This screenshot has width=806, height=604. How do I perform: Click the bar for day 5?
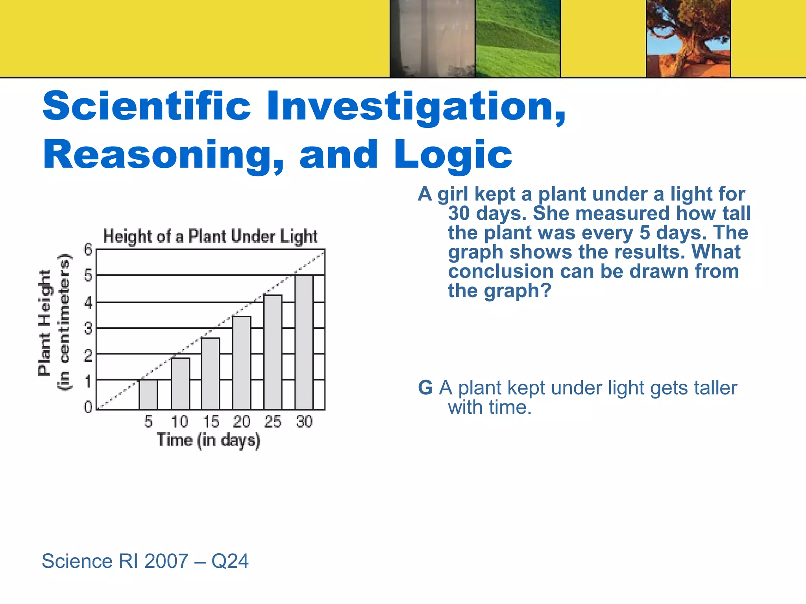(148, 394)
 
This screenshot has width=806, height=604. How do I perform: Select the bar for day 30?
(304, 342)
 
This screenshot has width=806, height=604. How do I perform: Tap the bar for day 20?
(242, 363)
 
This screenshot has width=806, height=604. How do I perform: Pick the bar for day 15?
(211, 374)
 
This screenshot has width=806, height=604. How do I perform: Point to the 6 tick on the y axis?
(88, 249)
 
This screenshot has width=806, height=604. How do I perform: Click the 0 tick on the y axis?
(88, 407)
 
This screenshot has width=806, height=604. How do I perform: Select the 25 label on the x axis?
(273, 422)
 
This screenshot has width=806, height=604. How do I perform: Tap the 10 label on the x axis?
(179, 422)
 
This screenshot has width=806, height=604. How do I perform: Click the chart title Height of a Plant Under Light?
(210, 236)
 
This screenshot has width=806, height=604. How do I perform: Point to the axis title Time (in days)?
(209, 440)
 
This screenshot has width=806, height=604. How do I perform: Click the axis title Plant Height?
(45, 322)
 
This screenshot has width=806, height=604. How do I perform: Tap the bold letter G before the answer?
(425, 388)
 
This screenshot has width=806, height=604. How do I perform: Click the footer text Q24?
(230, 561)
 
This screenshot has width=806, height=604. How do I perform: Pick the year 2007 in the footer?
(166, 561)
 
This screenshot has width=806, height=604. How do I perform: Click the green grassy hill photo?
(518, 39)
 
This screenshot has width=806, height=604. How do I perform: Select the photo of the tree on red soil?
(688, 39)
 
